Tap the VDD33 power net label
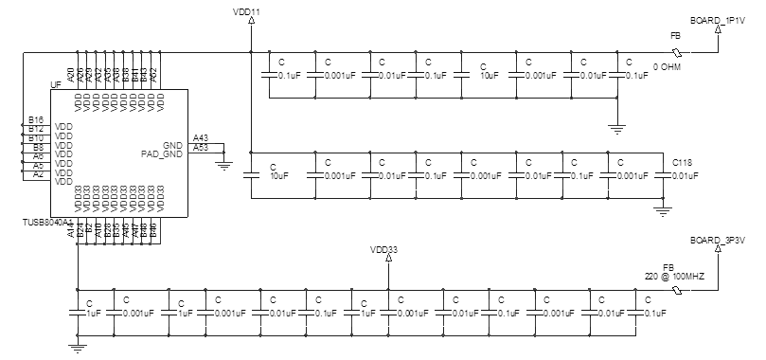[383, 250]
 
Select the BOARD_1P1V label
[719, 19]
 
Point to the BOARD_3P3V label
[719, 240]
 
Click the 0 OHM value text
[668, 66]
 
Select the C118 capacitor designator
[683, 164]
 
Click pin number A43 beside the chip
[201, 137]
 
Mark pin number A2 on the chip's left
[38, 173]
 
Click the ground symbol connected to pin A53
[224, 164]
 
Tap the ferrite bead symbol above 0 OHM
[675, 51]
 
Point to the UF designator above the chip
[55, 85]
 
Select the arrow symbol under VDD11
[251, 27]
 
